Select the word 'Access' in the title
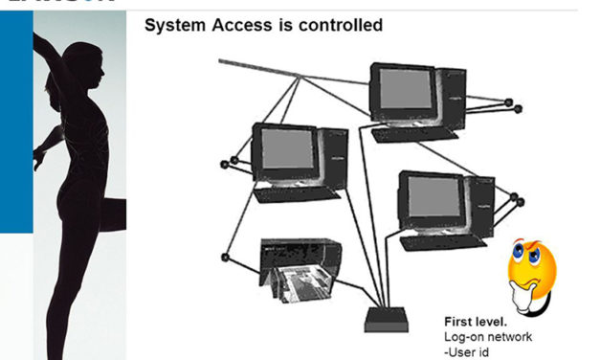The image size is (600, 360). coord(241,25)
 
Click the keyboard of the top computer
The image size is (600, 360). coord(411,135)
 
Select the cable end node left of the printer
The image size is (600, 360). coord(225,257)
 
